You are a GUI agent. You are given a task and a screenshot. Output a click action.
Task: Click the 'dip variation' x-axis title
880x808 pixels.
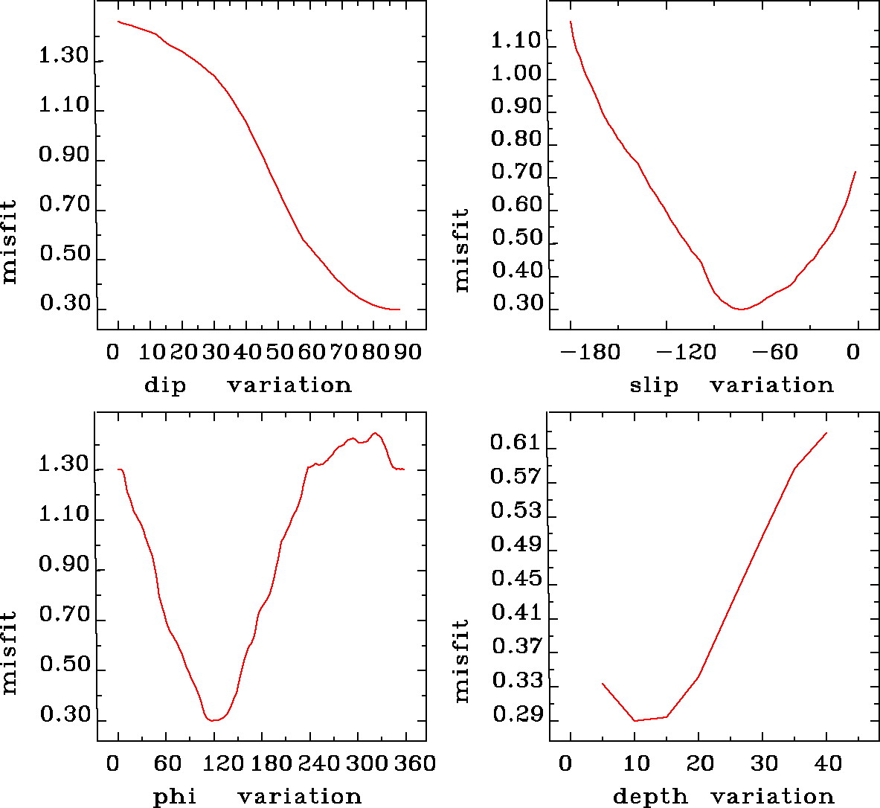(x=247, y=385)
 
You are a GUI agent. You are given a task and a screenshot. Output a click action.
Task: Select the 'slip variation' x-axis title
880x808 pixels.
(x=731, y=385)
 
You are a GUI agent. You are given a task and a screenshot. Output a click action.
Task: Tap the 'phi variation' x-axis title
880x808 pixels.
(x=257, y=797)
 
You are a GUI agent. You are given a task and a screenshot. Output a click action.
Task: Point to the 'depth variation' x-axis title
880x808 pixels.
(x=723, y=797)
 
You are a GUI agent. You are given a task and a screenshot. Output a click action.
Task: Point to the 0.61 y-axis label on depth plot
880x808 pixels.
(x=515, y=443)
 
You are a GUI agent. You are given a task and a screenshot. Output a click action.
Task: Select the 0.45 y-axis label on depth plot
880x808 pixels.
(x=515, y=580)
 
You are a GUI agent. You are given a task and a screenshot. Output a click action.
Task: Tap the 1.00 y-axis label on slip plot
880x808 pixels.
(x=516, y=74)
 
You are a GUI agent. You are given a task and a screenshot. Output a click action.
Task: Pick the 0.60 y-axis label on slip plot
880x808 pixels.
(x=516, y=205)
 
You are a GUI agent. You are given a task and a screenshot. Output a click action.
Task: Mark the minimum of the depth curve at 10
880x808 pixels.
(x=635, y=720)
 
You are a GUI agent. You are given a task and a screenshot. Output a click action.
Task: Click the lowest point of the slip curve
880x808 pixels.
(x=740, y=309)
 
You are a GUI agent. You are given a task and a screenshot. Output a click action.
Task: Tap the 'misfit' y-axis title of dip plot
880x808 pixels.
(x=9, y=241)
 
